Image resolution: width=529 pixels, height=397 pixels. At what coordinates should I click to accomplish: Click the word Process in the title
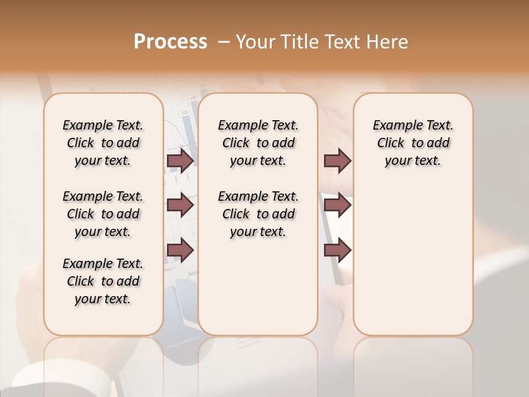tap(170, 42)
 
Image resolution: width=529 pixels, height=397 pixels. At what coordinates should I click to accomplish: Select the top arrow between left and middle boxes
tap(180, 160)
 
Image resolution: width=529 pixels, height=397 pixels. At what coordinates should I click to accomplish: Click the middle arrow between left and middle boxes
tap(180, 205)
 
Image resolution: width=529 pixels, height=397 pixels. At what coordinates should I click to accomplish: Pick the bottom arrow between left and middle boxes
tap(180, 250)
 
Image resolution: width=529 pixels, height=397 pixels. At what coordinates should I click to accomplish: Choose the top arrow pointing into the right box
tap(337, 160)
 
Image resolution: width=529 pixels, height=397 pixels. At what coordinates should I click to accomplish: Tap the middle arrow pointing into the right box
tap(337, 205)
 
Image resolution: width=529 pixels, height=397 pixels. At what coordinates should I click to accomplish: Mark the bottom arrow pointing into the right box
tap(337, 250)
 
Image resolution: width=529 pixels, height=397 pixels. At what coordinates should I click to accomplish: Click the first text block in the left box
tap(102, 143)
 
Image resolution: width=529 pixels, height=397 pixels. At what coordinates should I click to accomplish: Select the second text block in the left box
tap(102, 214)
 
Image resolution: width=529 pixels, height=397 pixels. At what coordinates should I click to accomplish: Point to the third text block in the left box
tap(102, 281)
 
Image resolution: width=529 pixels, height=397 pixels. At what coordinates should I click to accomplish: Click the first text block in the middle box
tap(258, 143)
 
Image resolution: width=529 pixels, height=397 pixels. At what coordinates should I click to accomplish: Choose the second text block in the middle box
tap(258, 214)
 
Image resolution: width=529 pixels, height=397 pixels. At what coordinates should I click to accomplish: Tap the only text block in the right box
tap(413, 143)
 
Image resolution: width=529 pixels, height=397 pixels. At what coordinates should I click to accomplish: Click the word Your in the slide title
tap(255, 42)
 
